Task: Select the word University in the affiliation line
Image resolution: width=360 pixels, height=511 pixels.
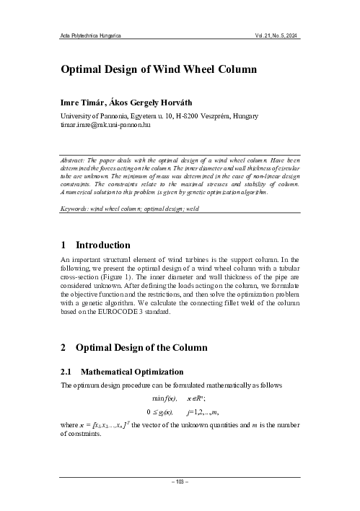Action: [78, 115]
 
